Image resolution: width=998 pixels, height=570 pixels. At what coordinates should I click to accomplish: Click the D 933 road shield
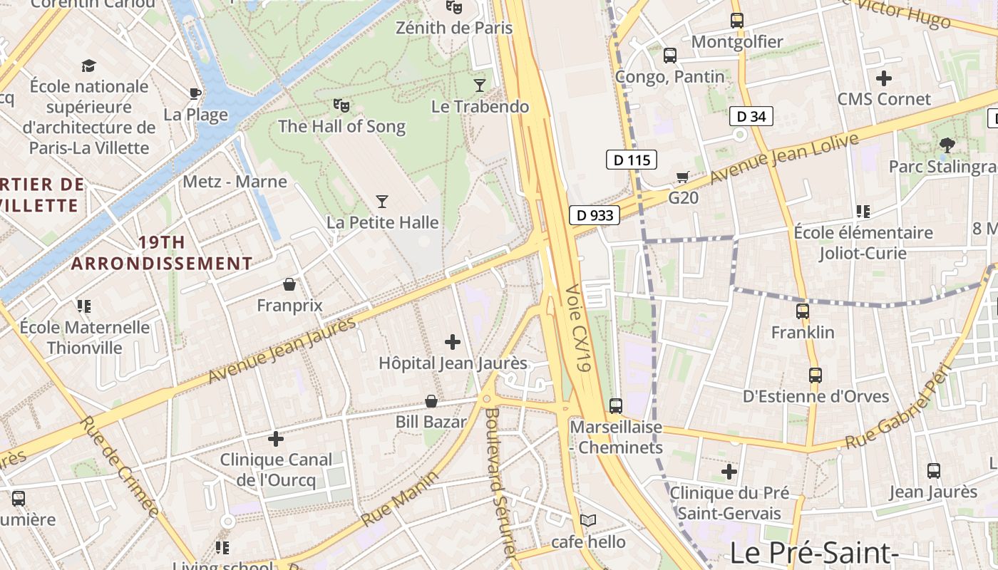pyautogui.click(x=595, y=215)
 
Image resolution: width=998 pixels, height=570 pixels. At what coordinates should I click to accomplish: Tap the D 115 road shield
pyautogui.click(x=632, y=160)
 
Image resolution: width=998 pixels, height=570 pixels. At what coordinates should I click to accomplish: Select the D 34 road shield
pyautogui.click(x=751, y=116)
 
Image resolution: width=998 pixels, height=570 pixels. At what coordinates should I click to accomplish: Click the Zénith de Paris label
pyautogui.click(x=454, y=28)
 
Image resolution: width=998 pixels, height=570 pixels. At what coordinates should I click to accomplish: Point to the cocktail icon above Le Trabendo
pyautogui.click(x=480, y=85)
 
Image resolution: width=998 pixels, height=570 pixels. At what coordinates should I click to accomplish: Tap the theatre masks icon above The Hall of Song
pyautogui.click(x=341, y=105)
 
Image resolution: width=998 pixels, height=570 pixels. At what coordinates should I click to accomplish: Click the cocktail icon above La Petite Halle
pyautogui.click(x=382, y=202)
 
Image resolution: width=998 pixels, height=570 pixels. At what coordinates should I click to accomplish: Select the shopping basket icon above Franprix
pyautogui.click(x=289, y=285)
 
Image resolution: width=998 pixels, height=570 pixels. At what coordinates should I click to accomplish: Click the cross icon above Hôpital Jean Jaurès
pyautogui.click(x=453, y=343)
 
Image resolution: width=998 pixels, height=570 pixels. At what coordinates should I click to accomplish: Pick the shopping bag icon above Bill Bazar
pyautogui.click(x=431, y=401)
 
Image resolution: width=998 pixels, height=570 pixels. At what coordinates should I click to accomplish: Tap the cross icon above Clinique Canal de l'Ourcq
pyautogui.click(x=276, y=439)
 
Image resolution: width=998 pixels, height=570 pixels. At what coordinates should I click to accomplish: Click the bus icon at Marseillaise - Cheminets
pyautogui.click(x=616, y=406)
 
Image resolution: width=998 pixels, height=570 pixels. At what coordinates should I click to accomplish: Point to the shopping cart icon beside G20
pyautogui.click(x=682, y=177)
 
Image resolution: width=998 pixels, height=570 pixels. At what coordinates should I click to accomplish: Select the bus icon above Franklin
pyautogui.click(x=803, y=311)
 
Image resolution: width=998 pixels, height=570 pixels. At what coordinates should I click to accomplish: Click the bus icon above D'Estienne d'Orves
pyautogui.click(x=815, y=375)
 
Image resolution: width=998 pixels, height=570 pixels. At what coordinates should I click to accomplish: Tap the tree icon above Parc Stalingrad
pyautogui.click(x=947, y=145)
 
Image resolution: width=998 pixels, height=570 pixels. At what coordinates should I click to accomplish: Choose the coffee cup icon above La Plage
pyautogui.click(x=195, y=93)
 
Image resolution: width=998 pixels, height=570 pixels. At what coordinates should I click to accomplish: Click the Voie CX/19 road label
pyautogui.click(x=579, y=328)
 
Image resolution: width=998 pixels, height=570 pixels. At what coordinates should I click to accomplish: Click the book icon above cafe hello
pyautogui.click(x=588, y=521)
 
